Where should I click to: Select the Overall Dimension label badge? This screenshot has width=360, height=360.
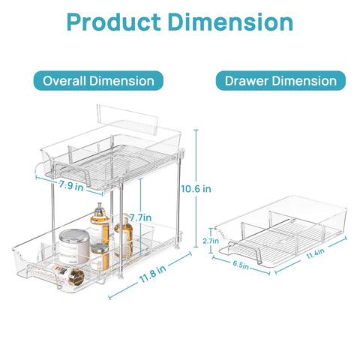click(x=98, y=80)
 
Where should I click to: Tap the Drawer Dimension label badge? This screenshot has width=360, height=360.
click(x=280, y=80)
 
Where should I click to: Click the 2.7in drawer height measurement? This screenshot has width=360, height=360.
click(x=211, y=241)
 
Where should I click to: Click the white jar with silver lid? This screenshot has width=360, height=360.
click(x=73, y=247)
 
